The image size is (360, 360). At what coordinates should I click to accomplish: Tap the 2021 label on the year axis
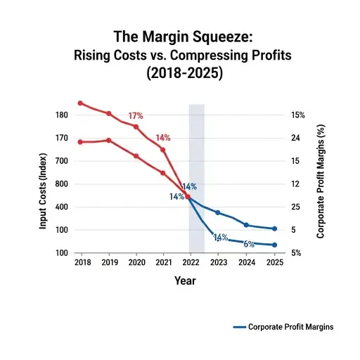pos(163,262)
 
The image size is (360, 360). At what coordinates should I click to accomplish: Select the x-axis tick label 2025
pos(274,262)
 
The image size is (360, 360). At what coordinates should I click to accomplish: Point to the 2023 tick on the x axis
pos(219,262)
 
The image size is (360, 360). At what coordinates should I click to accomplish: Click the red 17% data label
pos(136,116)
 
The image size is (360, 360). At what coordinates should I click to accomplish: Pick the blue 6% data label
pos(248,244)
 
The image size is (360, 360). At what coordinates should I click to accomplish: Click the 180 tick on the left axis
pos(60,115)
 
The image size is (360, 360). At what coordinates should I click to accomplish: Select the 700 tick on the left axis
pos(60,161)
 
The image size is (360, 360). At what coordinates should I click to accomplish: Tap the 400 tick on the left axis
pos(60,207)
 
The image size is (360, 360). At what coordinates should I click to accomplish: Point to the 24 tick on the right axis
pos(297,139)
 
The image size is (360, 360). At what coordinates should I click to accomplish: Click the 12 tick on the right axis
pos(297,184)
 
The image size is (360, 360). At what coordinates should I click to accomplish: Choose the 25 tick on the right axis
pos(297,207)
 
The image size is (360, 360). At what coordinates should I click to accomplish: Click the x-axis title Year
pos(186,281)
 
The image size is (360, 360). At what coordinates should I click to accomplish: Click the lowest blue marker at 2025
pos(274,245)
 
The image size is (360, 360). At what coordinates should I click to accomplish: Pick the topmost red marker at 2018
pos(80,103)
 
